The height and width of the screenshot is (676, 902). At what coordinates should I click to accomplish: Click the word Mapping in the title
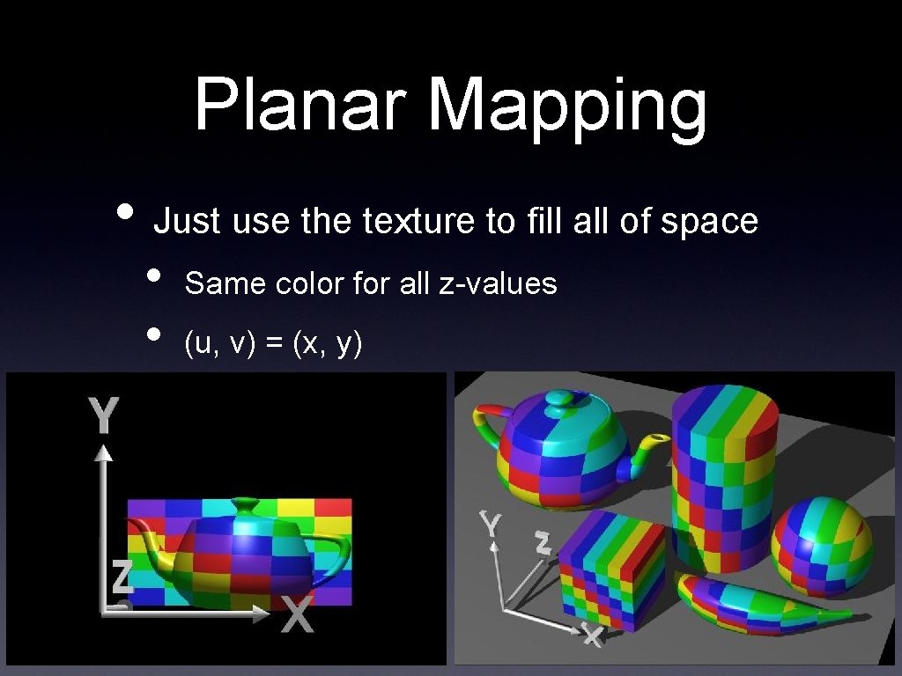(x=568, y=107)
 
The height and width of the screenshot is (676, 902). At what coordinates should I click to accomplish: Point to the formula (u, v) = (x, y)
(x=273, y=344)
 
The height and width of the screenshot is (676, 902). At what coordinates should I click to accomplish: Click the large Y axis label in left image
(x=105, y=415)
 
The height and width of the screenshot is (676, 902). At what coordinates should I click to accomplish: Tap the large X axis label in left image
(x=297, y=614)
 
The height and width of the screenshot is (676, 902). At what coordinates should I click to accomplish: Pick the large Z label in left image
(x=122, y=577)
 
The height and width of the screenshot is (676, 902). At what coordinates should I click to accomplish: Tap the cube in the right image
(x=612, y=571)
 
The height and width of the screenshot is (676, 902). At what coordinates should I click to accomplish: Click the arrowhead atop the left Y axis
(x=104, y=452)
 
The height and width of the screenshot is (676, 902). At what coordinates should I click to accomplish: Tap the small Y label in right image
(x=491, y=525)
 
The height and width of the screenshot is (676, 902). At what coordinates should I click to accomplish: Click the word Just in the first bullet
(x=186, y=221)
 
